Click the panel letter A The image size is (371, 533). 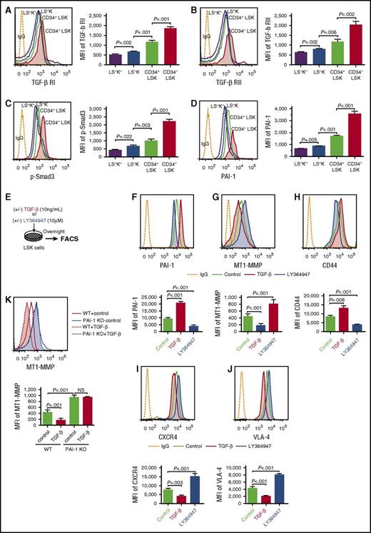point(6,6)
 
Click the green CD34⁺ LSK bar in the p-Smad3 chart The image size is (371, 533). point(142,146)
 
